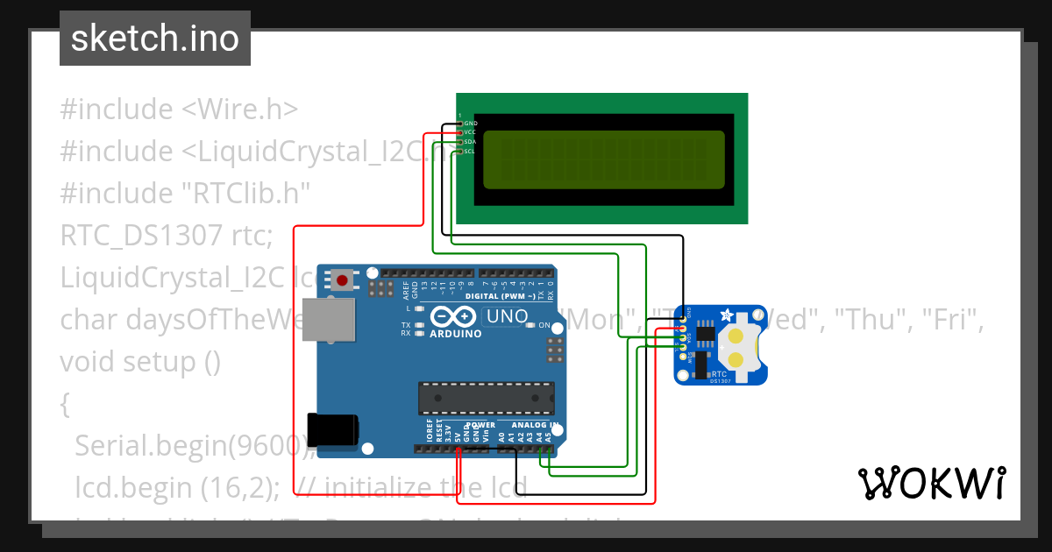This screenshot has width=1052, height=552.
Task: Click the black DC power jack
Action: pos(332,430)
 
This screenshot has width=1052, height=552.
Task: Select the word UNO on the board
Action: pos(507,316)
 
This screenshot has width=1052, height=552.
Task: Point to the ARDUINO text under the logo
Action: pos(456,334)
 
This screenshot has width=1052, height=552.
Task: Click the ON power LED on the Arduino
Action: pos(530,326)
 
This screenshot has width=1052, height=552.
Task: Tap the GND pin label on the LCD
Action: pos(470,124)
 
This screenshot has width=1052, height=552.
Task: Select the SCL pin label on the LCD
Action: pos(469,152)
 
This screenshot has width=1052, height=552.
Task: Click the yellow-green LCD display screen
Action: pos(604,159)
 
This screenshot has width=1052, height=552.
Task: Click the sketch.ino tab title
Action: pos(154,39)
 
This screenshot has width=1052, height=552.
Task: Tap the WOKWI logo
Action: pos(931,483)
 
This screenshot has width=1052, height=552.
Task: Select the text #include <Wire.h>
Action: pos(179,110)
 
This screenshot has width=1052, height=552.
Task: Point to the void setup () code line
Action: pos(140,361)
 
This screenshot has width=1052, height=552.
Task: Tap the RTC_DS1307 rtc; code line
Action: pos(167,235)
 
